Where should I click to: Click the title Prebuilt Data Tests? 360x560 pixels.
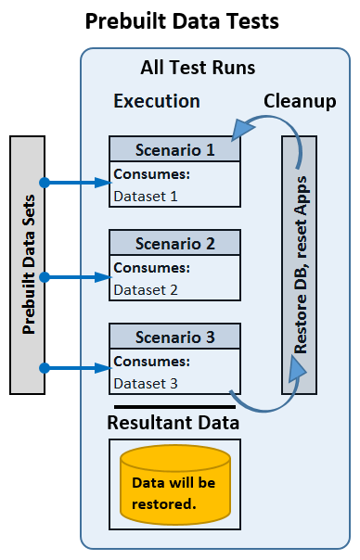(x=181, y=22)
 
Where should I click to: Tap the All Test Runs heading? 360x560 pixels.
(x=198, y=68)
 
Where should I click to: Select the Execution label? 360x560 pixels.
(x=156, y=100)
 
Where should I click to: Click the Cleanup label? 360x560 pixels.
(x=300, y=100)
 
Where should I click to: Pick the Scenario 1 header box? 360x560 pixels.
(x=175, y=148)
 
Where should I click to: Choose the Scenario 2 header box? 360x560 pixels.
(x=175, y=244)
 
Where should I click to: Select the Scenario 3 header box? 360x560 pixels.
(x=175, y=337)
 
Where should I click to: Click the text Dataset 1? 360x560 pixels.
(x=145, y=196)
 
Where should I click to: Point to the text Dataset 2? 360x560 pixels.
(x=145, y=289)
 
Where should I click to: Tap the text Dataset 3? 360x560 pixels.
(x=145, y=382)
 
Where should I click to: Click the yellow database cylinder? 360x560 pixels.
(x=174, y=482)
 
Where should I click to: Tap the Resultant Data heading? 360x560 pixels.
(x=174, y=423)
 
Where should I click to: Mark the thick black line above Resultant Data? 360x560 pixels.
(x=174, y=406)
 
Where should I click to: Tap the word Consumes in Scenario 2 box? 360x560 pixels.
(x=151, y=268)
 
